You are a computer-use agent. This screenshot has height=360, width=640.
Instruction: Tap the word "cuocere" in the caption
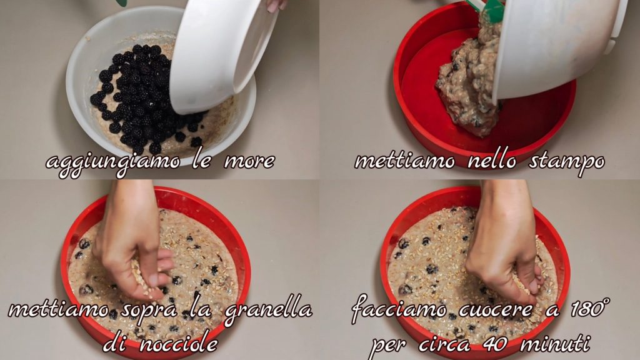coord(495,310)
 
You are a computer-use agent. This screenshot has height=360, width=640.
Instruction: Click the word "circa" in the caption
coord(444,345)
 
